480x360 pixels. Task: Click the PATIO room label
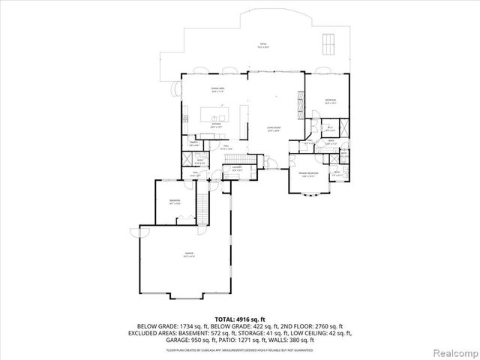point(263,45)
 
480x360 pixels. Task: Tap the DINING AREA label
point(218,89)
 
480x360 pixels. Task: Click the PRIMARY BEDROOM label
point(308,174)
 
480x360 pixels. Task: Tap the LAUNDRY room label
point(236,169)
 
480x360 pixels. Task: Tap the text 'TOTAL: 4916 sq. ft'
point(239,319)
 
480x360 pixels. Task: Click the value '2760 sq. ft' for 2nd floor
point(328,325)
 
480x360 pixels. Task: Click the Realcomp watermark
point(457,352)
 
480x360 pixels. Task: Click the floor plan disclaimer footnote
point(239,349)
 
